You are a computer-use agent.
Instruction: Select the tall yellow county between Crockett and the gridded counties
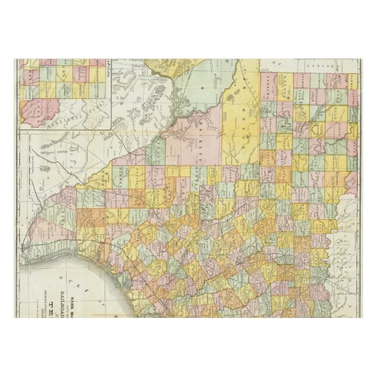(235, 121)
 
